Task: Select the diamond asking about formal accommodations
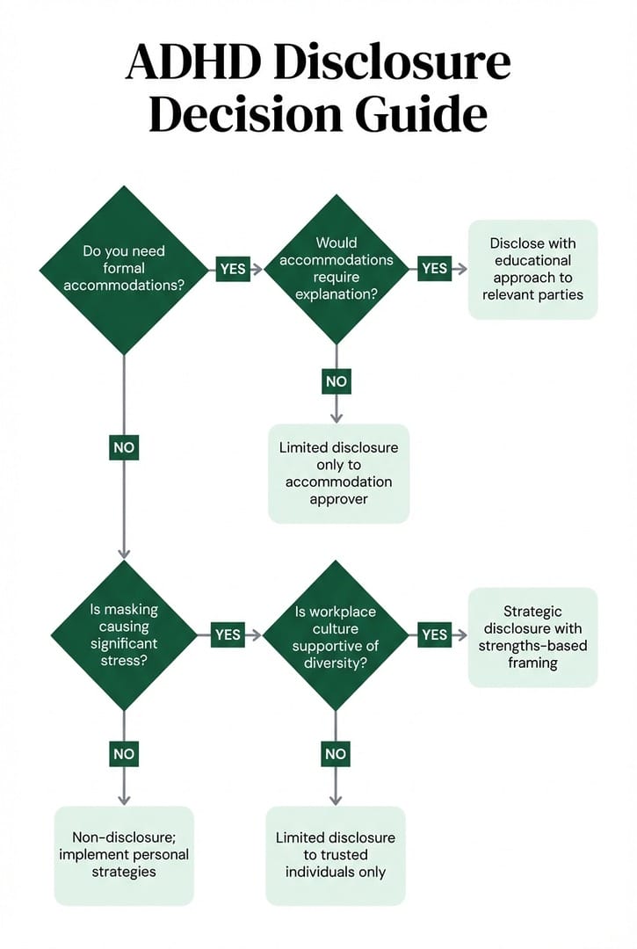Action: [124, 269]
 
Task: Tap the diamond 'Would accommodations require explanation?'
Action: [337, 268]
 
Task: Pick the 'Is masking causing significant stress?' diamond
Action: [124, 634]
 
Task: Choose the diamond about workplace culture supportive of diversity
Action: [336, 634]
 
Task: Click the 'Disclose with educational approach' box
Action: [532, 269]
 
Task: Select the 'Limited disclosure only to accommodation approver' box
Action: [338, 474]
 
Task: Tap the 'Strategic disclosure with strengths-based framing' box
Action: [532, 636]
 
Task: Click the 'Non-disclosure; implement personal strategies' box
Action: [124, 854]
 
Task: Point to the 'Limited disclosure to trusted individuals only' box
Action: [336, 854]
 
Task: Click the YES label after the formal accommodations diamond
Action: [233, 269]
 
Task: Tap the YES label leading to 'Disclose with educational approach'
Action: [434, 269]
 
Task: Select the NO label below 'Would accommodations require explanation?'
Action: [337, 382]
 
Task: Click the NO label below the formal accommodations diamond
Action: [124, 447]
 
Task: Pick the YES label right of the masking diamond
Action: [228, 634]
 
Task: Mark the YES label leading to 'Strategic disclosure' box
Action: [434, 634]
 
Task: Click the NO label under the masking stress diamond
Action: [124, 754]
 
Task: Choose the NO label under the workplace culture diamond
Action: [336, 754]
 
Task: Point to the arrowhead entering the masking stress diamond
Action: [124, 553]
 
